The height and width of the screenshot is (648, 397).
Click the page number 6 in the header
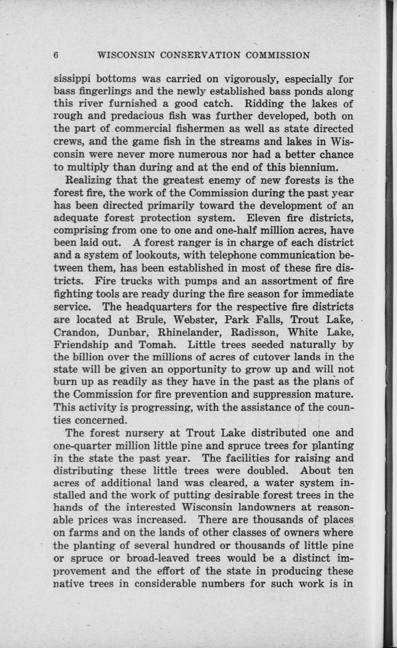tap(56, 55)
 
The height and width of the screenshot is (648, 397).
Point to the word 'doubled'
tap(272, 470)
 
